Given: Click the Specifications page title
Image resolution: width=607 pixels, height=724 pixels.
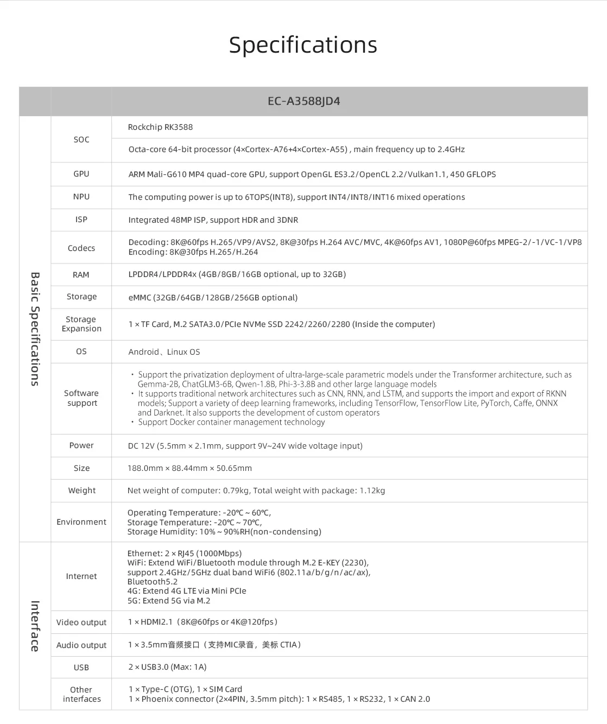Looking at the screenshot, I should click(303, 45).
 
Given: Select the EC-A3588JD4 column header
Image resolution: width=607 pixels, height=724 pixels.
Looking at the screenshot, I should click(303, 102).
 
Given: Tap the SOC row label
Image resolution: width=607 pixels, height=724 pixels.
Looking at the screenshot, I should click(81, 140).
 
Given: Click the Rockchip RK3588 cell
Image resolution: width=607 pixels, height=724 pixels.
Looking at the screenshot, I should click(160, 127).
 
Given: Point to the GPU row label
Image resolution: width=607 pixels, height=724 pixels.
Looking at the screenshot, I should click(81, 174).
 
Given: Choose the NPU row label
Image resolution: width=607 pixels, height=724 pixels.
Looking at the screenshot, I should click(81, 197).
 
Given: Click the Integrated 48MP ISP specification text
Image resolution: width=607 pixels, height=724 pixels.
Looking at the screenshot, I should click(213, 220).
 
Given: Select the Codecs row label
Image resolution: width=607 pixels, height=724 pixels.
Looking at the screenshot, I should click(81, 248).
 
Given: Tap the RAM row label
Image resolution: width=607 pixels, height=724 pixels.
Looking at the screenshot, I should click(81, 275).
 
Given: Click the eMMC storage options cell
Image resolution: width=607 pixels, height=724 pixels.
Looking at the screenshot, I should click(213, 298).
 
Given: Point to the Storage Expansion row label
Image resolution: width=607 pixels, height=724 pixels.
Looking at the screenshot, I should click(81, 324).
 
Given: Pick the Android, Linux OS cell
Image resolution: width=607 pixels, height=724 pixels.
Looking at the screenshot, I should click(164, 352).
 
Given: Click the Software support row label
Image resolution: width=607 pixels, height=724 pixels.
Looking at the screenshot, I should click(81, 398).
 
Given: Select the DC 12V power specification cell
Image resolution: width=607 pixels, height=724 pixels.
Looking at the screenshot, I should click(245, 446).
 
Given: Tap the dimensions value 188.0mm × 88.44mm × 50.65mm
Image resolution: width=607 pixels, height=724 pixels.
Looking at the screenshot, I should click(189, 468).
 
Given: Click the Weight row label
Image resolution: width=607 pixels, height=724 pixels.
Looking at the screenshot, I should click(82, 490).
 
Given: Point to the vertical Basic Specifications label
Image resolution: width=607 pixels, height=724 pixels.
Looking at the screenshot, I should click(35, 329).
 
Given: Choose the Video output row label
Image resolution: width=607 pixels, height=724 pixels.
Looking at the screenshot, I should click(81, 622).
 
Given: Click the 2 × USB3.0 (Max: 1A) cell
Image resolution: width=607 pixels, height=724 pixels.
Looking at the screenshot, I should click(167, 667).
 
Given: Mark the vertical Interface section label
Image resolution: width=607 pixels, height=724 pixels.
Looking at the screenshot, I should click(35, 626).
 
